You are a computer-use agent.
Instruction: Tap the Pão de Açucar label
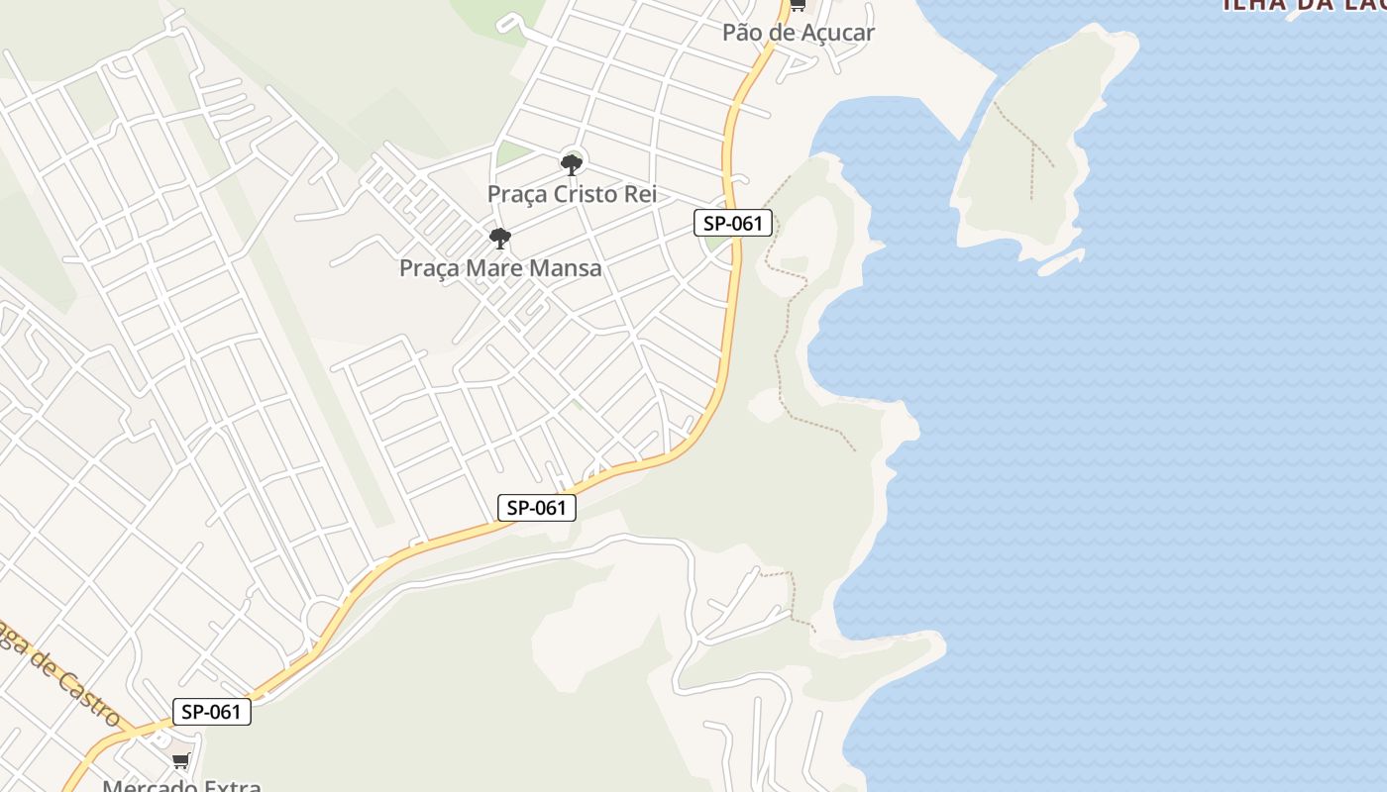click(x=798, y=33)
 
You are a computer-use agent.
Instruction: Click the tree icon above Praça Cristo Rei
click(x=571, y=164)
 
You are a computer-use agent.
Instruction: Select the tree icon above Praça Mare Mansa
click(x=500, y=239)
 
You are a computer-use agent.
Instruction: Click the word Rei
click(x=640, y=194)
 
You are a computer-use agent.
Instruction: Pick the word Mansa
click(x=565, y=268)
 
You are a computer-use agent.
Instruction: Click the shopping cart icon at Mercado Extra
click(x=180, y=760)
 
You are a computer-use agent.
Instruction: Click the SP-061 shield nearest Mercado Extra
click(x=211, y=712)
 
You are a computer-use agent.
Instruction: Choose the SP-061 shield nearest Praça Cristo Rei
click(x=732, y=224)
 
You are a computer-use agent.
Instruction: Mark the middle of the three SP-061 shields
click(x=536, y=509)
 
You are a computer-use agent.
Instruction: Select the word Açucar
click(x=837, y=33)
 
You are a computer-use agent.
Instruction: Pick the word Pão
click(x=742, y=33)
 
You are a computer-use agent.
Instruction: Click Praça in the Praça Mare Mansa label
click(x=429, y=268)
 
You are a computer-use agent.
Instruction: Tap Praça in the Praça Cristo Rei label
click(x=517, y=194)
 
